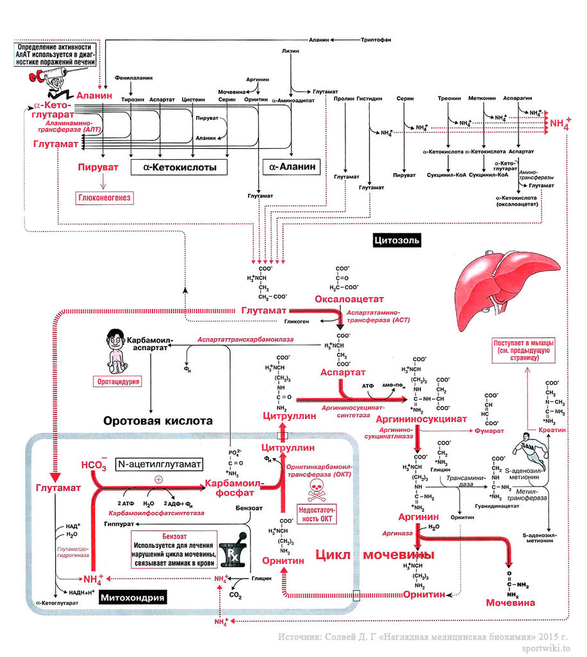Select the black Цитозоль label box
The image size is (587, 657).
[x=395, y=241]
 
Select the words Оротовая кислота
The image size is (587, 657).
[x=157, y=422]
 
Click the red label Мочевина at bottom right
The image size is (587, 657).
[x=510, y=603]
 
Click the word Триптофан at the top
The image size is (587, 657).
[x=376, y=40]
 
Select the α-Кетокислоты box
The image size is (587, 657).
[x=174, y=167]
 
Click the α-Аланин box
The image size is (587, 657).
[x=293, y=167]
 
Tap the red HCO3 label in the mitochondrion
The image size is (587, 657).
[x=93, y=465]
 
